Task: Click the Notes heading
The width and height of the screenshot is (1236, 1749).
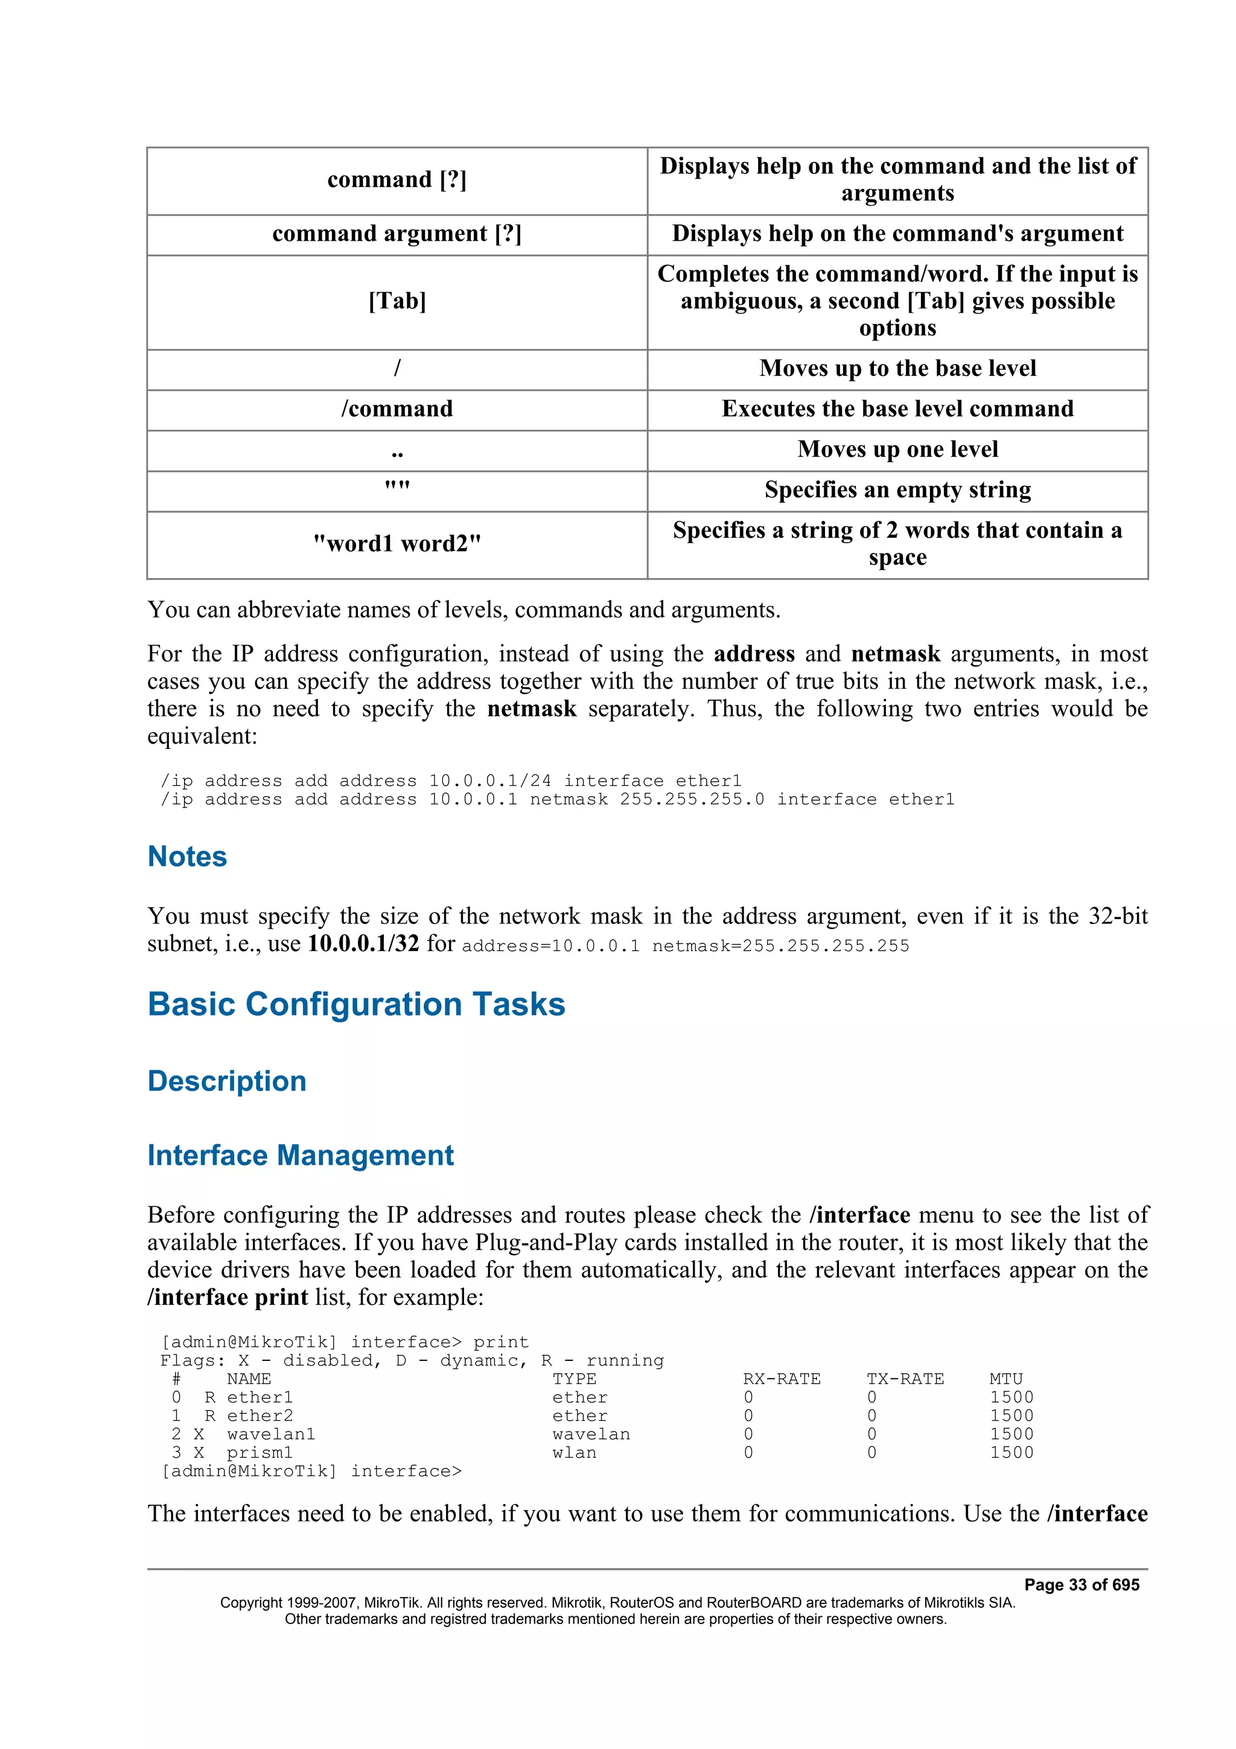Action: [187, 856]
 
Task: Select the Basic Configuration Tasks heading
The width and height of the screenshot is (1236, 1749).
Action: [357, 1004]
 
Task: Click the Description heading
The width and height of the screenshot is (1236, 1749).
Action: [227, 1081]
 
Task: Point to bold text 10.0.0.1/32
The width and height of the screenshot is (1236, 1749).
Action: [363, 943]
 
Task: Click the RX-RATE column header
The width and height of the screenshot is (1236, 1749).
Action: [782, 1379]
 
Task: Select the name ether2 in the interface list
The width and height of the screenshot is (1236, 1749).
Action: [260, 1415]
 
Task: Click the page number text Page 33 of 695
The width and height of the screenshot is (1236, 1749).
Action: [1081, 1584]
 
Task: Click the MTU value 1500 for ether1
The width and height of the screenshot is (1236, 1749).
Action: [1011, 1397]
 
